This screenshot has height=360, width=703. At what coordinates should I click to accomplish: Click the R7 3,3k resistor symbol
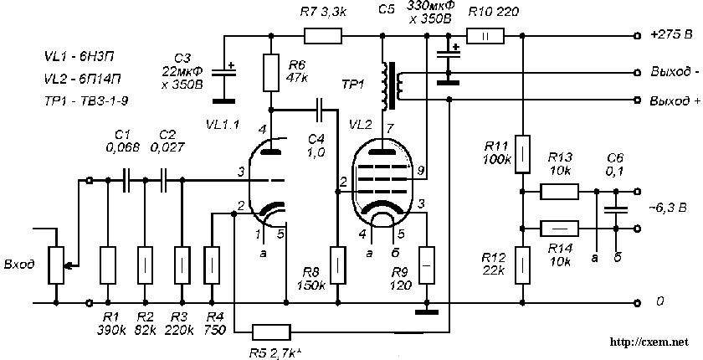point(322,36)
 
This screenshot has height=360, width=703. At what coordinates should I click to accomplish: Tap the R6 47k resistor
point(272,74)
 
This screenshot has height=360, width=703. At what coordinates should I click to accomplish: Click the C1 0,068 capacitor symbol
point(126,179)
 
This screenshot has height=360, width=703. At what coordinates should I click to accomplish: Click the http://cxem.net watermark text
point(649,342)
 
